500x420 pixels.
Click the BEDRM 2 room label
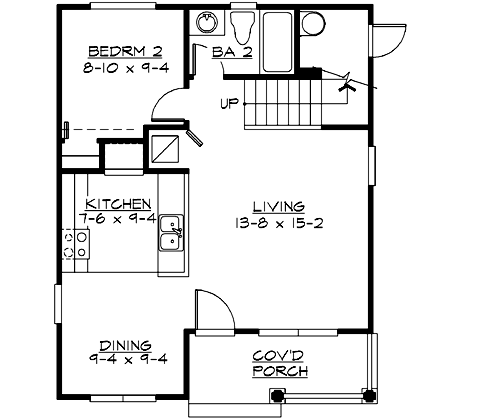[119, 51]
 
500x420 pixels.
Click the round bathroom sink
[207, 22]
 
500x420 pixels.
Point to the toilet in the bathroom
[242, 25]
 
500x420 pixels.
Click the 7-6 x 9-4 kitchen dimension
[118, 218]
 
